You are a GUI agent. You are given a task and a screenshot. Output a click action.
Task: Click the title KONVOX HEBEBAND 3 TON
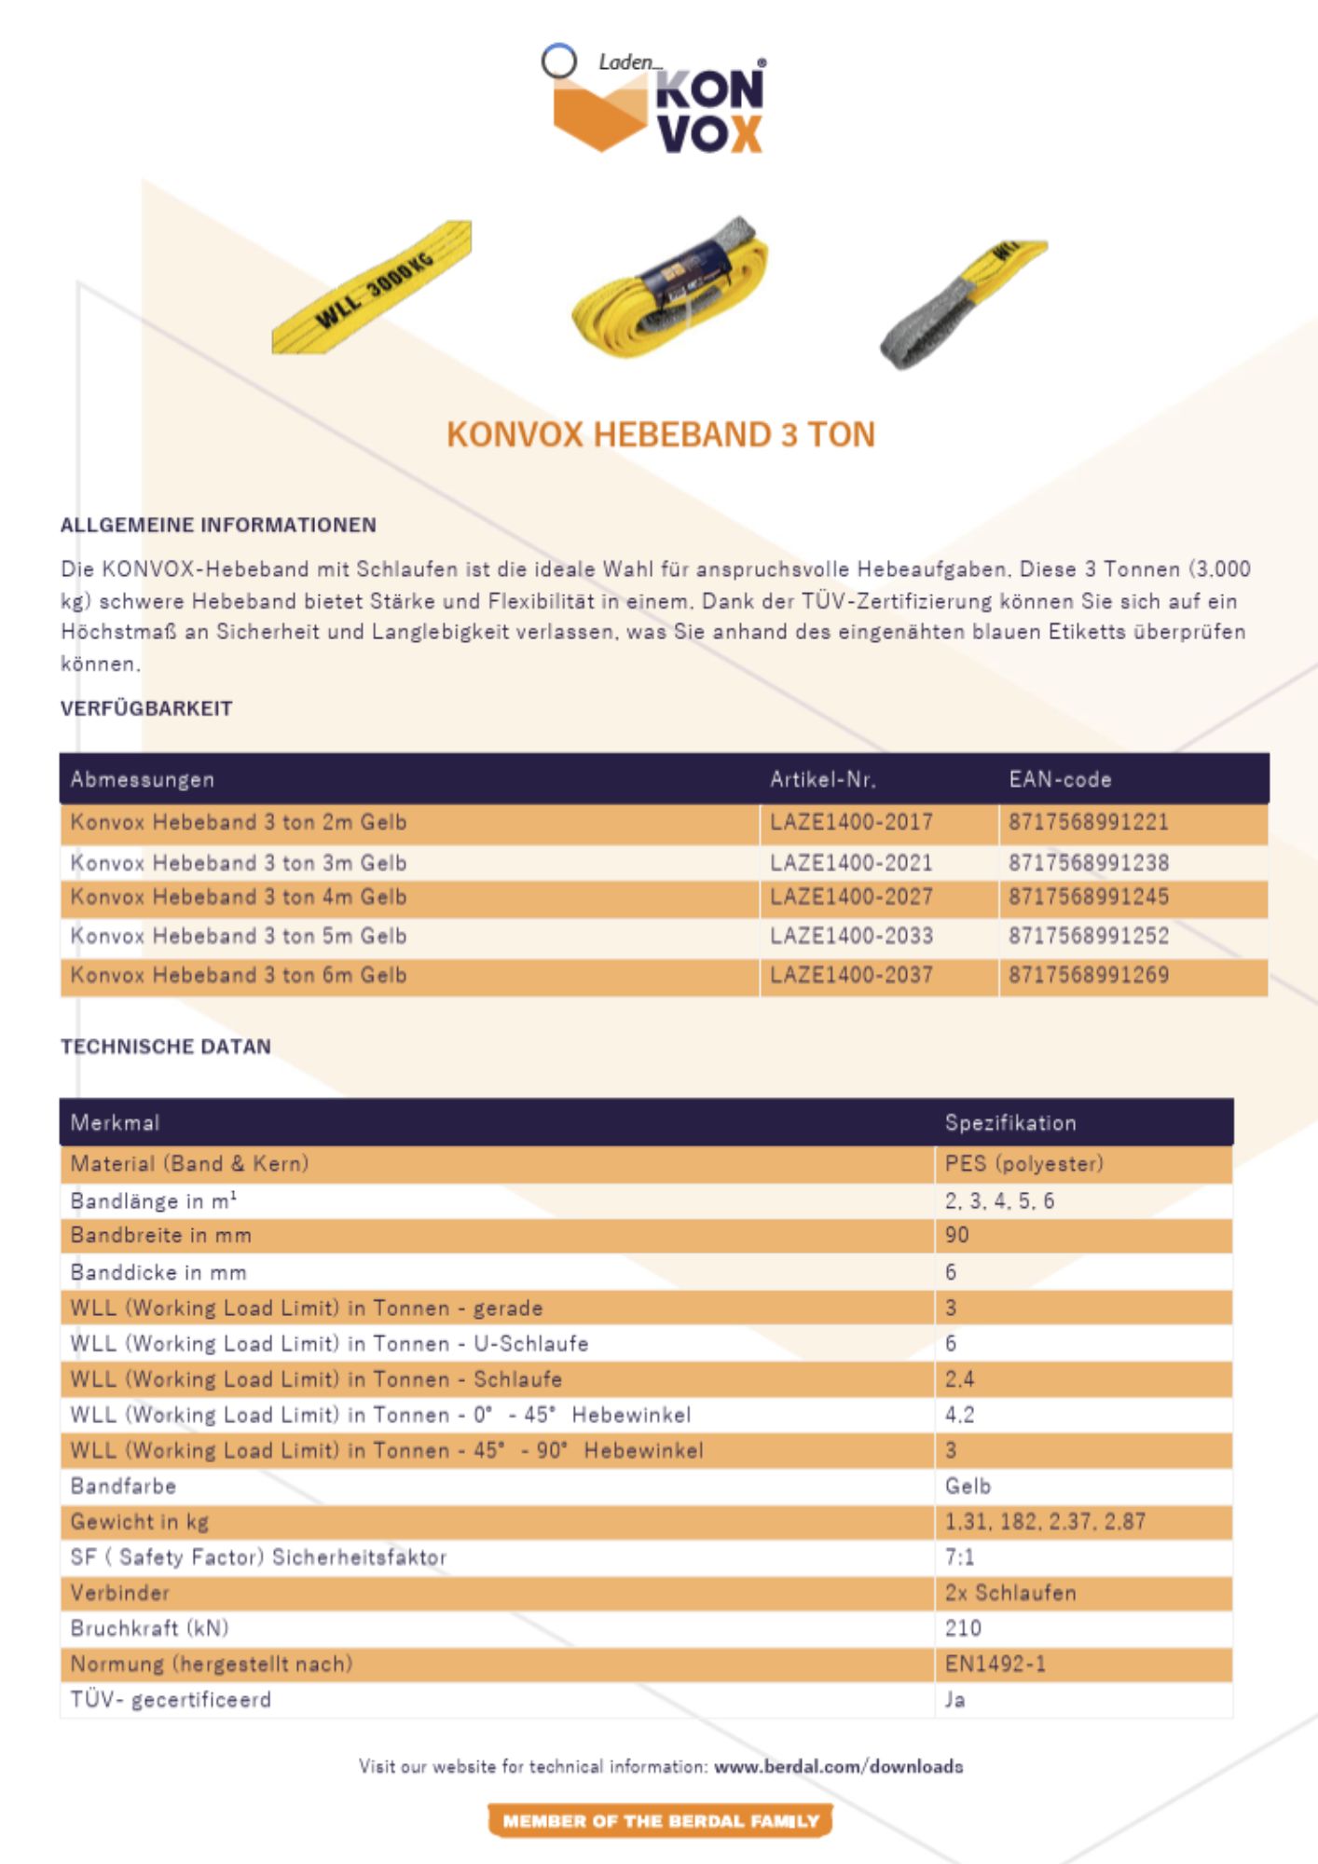[x=660, y=434]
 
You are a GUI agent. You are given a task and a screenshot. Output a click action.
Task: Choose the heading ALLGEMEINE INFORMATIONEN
[x=218, y=525]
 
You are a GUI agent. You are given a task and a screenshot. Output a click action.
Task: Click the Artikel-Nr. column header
[x=822, y=779]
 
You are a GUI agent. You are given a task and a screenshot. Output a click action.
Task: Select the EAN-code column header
[x=1060, y=779]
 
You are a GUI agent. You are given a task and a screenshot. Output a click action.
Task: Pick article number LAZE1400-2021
[x=851, y=862]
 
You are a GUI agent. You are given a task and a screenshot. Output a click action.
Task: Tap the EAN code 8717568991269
[x=1088, y=975]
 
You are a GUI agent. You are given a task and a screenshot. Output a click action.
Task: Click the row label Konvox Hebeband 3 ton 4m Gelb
[x=239, y=897]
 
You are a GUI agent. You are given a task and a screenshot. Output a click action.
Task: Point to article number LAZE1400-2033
[x=851, y=936]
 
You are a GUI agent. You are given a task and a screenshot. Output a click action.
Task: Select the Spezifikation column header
[x=1010, y=1122]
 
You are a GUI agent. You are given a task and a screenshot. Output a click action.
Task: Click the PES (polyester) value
[x=1023, y=1163]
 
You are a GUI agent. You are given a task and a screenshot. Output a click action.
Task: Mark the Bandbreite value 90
[x=957, y=1235]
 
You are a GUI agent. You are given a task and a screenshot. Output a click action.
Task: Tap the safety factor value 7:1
[x=959, y=1556]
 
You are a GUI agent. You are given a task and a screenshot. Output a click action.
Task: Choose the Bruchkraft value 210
[x=963, y=1627]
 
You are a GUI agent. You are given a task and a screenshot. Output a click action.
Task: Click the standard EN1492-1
[x=995, y=1663]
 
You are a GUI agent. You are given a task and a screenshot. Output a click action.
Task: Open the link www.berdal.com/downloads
[x=838, y=1766]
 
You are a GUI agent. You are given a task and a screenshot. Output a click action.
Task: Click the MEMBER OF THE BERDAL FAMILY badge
[x=660, y=1820]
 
